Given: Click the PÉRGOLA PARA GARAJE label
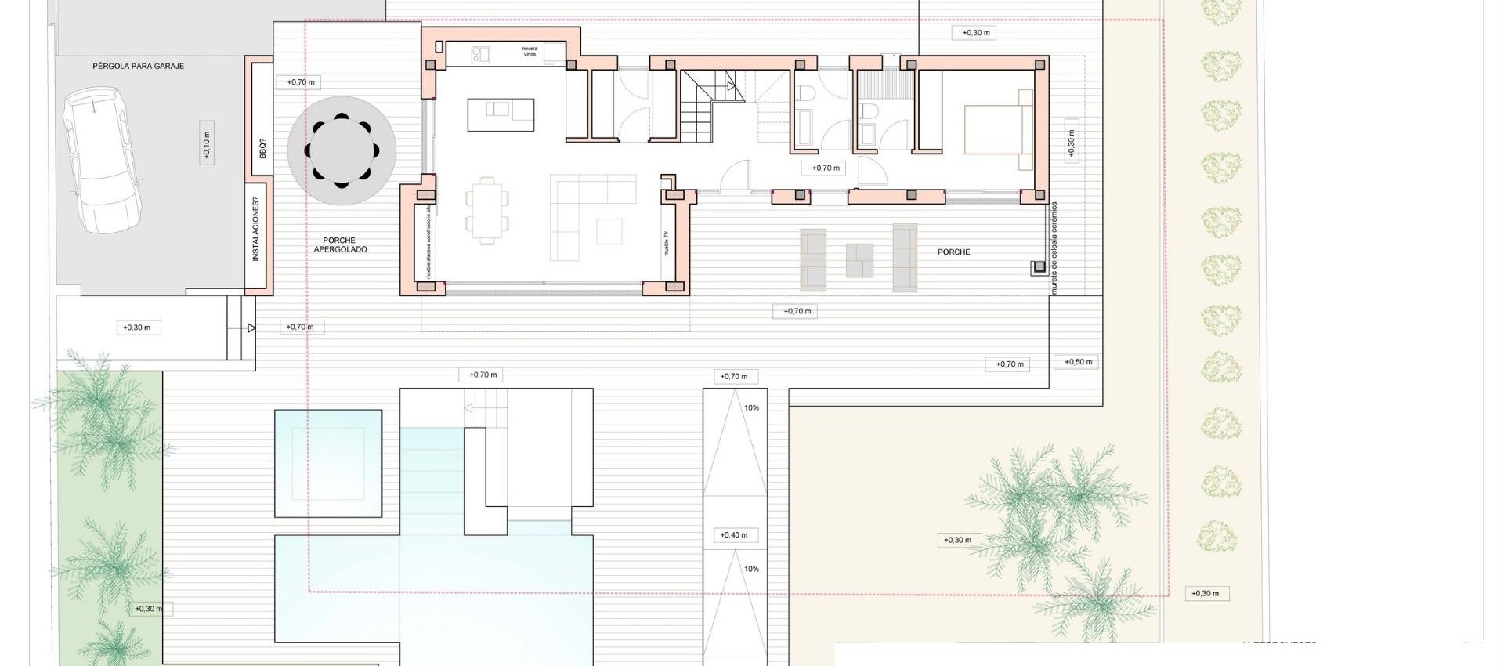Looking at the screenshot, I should pyautogui.click(x=138, y=67).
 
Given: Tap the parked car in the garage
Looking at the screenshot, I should pyautogui.click(x=104, y=161).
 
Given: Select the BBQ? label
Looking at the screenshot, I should pyautogui.click(x=262, y=148).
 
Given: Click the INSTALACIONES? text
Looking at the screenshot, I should pyautogui.click(x=255, y=228).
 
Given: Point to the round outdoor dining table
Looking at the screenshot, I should pyautogui.click(x=342, y=150).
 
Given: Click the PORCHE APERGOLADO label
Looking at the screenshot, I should pyautogui.click(x=339, y=245).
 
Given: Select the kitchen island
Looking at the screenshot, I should pyautogui.click(x=501, y=114).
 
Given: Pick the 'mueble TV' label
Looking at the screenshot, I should pyautogui.click(x=667, y=244).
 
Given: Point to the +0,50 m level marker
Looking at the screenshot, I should pyautogui.click(x=1078, y=362).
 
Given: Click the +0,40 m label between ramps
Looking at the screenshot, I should pyautogui.click(x=734, y=535).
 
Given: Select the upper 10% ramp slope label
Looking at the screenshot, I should pyautogui.click(x=751, y=408).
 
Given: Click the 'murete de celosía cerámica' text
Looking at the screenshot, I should pyautogui.click(x=1054, y=248).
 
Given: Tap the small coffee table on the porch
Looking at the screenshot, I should pyautogui.click(x=859, y=260).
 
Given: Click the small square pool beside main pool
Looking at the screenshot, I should pyautogui.click(x=328, y=463).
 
